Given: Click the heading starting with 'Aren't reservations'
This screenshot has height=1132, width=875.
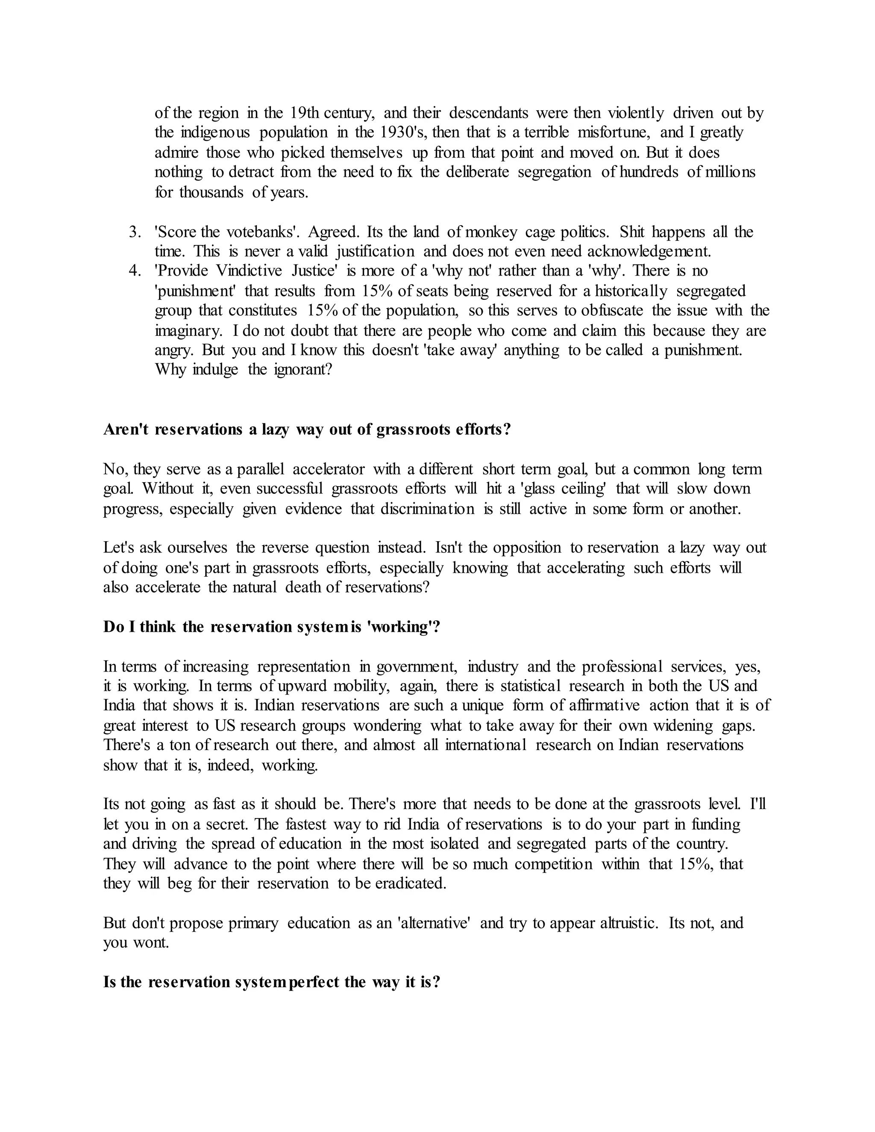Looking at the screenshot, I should click(x=307, y=430).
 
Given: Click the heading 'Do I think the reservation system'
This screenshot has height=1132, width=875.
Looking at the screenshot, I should click(x=272, y=627).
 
